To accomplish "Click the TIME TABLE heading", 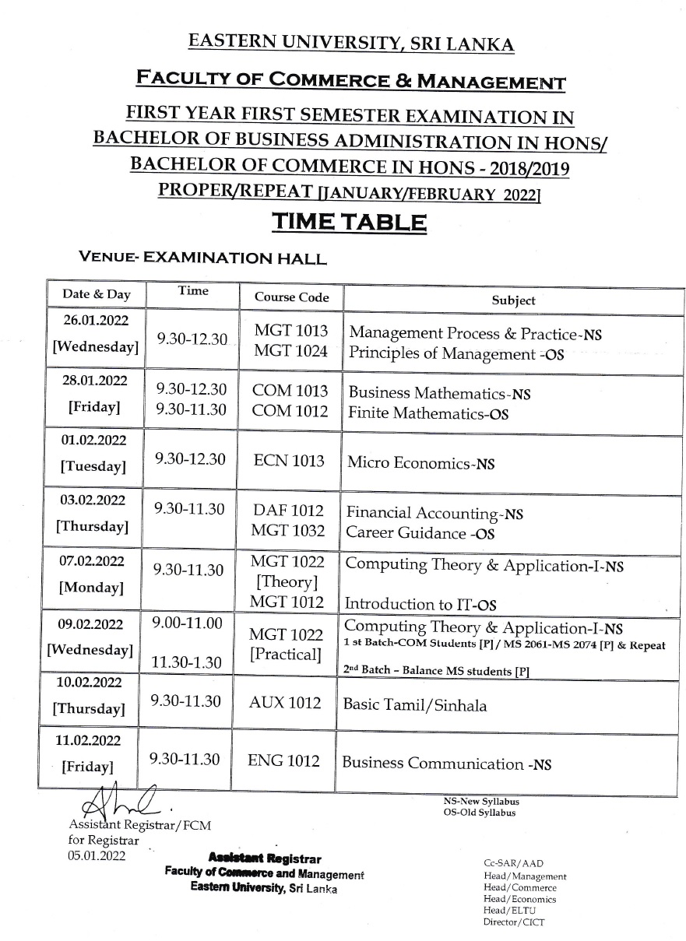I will pos(349,223).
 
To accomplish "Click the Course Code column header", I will pos(292,297).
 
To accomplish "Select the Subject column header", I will pos(513,300).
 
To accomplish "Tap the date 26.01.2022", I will pos(95,320).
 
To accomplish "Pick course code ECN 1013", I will pos(290,460).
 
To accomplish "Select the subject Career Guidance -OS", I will pos(420,533).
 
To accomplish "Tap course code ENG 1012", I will pos(283,760).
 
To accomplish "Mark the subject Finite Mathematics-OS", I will pos(428,414).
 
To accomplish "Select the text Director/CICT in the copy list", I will pos(514,922).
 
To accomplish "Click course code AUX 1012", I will pos(285,703).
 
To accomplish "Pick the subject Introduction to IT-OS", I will pos(421,603).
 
